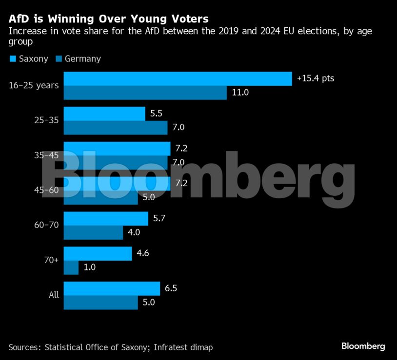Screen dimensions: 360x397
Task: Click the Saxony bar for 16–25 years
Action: (x=178, y=78)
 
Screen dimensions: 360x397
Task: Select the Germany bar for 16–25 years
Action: (x=145, y=93)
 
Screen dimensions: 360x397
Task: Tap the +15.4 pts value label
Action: (x=316, y=78)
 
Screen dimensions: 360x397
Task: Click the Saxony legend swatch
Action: (x=12, y=59)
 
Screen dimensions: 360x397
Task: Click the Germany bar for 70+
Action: (x=71, y=268)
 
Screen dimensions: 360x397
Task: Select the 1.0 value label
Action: (x=90, y=268)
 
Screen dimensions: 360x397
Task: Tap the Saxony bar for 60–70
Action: (x=106, y=219)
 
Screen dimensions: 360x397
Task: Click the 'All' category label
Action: (x=54, y=295)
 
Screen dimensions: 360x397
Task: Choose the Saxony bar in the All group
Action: (x=112, y=288)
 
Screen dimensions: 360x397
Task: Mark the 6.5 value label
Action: (x=171, y=288)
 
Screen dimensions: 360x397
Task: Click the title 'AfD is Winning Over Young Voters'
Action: (x=108, y=19)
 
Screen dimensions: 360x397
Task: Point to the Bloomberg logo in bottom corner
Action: (x=363, y=346)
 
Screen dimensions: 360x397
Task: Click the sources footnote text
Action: (x=111, y=347)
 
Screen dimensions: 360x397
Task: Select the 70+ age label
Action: (x=51, y=260)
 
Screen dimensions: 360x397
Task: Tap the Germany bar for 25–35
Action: (x=116, y=128)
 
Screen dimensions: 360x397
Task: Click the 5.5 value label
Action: (x=156, y=114)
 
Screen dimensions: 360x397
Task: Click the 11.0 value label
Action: (x=240, y=93)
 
